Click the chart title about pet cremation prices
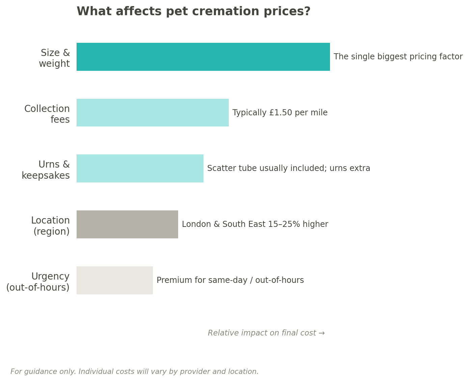point(193,12)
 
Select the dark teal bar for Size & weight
point(203,57)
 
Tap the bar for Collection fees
point(153,113)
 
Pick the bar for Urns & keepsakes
point(140,169)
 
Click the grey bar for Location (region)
point(127,225)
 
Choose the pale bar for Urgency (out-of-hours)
point(114,281)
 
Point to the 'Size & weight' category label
point(54,58)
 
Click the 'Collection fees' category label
point(47,114)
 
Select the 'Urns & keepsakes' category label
point(46,170)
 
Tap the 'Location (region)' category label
point(51,226)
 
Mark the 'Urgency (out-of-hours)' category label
point(38,282)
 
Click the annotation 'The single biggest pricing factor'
point(398,57)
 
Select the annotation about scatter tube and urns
point(288,169)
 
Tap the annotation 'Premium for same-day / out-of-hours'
point(230,281)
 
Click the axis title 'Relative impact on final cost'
point(262,333)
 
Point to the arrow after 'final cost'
point(322,333)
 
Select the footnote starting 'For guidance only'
point(134,372)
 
